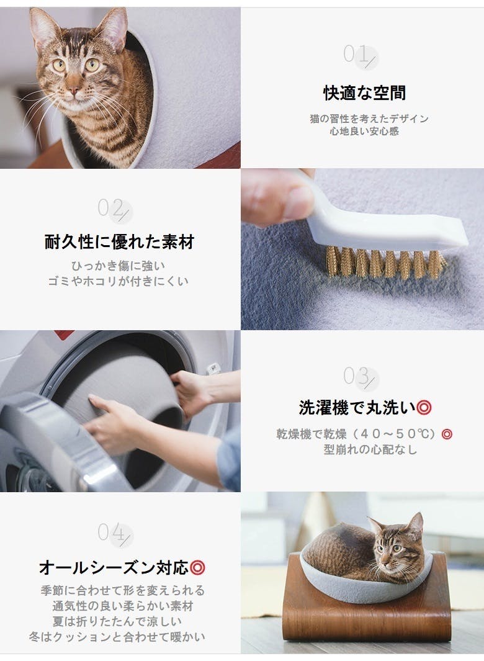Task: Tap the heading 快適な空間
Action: point(364,92)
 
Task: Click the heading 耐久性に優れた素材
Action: point(119,242)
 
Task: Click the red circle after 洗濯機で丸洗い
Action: point(424,408)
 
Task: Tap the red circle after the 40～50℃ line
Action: point(447,434)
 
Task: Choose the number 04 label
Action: point(114,533)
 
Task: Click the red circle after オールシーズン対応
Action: point(197,567)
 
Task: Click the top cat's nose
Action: point(73,90)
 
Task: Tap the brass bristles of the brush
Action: point(385,263)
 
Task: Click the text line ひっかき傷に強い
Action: point(118,266)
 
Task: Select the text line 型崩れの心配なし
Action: point(370,449)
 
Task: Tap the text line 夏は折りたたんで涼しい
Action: point(117,621)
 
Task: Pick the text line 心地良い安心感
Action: point(364,132)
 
